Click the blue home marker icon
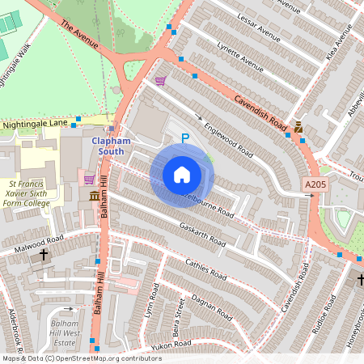(182, 175)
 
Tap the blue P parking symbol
(184, 139)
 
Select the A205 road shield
(315, 185)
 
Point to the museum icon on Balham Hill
(95, 197)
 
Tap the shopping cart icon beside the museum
(89, 180)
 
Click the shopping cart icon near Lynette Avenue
(160, 81)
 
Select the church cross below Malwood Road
(44, 255)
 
